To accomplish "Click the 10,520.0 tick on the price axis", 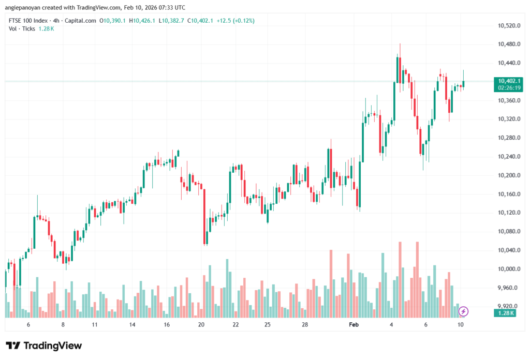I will [508, 25].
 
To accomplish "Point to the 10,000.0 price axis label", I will [508, 269].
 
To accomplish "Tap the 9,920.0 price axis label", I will [508, 306].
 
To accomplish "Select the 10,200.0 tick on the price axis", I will [508, 175].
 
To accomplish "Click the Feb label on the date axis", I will [354, 324].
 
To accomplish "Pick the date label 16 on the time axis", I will [167, 324].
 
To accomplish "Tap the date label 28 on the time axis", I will [305, 324].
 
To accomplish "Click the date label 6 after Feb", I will [425, 324].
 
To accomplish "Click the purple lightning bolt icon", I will [464, 311].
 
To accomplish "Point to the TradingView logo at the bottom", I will [43, 346].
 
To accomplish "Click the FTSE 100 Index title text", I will [29, 21].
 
